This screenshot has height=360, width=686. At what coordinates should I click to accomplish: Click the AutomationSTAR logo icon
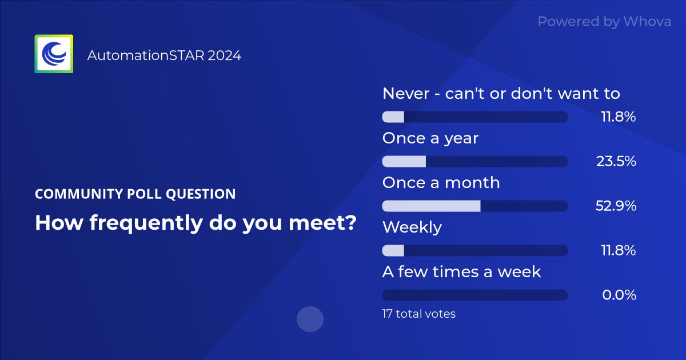[54, 54]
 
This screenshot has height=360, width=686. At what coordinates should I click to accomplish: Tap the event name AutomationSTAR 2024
[164, 55]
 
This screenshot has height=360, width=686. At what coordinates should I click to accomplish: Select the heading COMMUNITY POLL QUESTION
[135, 194]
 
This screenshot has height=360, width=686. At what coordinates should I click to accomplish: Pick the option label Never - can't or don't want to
[501, 93]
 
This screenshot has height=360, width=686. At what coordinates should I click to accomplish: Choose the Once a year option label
[430, 138]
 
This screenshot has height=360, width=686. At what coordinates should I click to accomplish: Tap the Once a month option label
[441, 183]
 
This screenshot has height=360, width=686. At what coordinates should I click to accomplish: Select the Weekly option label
[412, 227]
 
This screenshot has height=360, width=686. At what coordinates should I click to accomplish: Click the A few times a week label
[461, 272]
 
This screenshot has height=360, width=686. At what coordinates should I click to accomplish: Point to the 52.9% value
[616, 206]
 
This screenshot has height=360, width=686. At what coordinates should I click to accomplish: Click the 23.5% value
[616, 162]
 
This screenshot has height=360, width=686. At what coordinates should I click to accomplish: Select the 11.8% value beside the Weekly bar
[618, 251]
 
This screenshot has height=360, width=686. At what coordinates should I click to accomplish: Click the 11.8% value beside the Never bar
[618, 117]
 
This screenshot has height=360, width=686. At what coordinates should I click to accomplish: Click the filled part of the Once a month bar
[431, 206]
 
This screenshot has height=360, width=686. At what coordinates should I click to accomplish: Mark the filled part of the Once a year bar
[404, 161]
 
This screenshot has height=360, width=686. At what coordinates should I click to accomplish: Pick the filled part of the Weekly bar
[393, 250]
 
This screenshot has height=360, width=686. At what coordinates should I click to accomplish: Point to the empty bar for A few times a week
[474, 295]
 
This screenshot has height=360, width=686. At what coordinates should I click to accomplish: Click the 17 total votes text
[418, 314]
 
